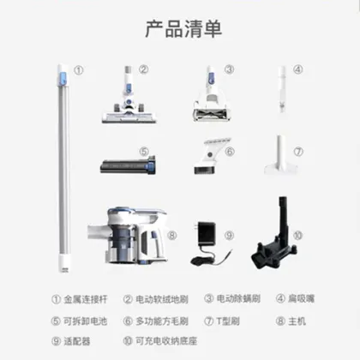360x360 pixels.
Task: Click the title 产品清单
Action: pyautogui.click(x=179, y=28)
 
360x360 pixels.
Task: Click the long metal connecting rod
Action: pyautogui.click(x=62, y=163)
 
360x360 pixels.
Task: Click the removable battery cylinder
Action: pyautogui.click(x=126, y=162)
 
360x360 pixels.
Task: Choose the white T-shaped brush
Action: pyautogui.click(x=280, y=158)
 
